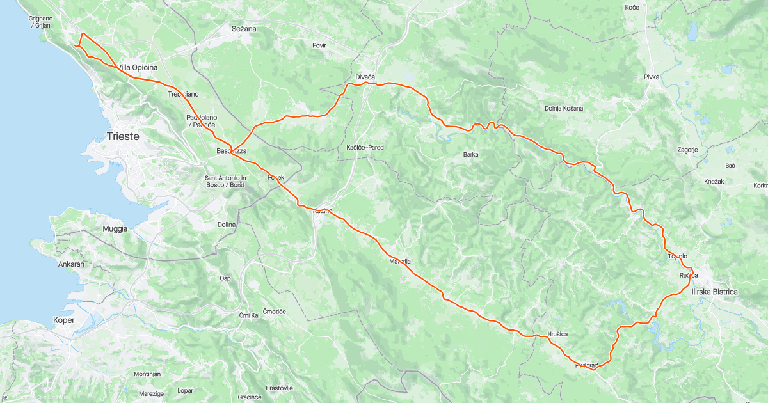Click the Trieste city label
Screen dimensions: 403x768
coord(123,137)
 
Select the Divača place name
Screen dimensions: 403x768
coord(362,78)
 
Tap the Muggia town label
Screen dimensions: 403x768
coord(115,228)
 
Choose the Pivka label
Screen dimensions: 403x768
coord(652,77)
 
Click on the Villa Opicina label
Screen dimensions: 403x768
coord(137,68)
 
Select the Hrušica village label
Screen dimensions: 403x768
coord(557,335)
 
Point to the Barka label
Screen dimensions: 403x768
coord(471,154)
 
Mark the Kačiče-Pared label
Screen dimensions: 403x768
coord(365,148)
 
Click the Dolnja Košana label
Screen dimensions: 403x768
coord(564,108)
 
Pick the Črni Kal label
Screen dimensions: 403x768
coord(249,315)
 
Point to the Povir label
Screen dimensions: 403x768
coord(319,45)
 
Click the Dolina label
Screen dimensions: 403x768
coord(227,225)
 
